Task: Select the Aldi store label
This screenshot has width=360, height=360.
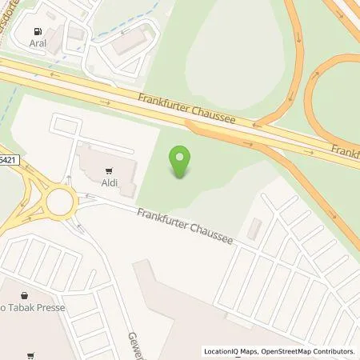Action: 110,182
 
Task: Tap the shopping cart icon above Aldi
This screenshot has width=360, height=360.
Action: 110,170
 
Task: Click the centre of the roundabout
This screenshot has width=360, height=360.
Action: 59,201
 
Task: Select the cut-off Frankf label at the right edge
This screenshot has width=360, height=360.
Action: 346,152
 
